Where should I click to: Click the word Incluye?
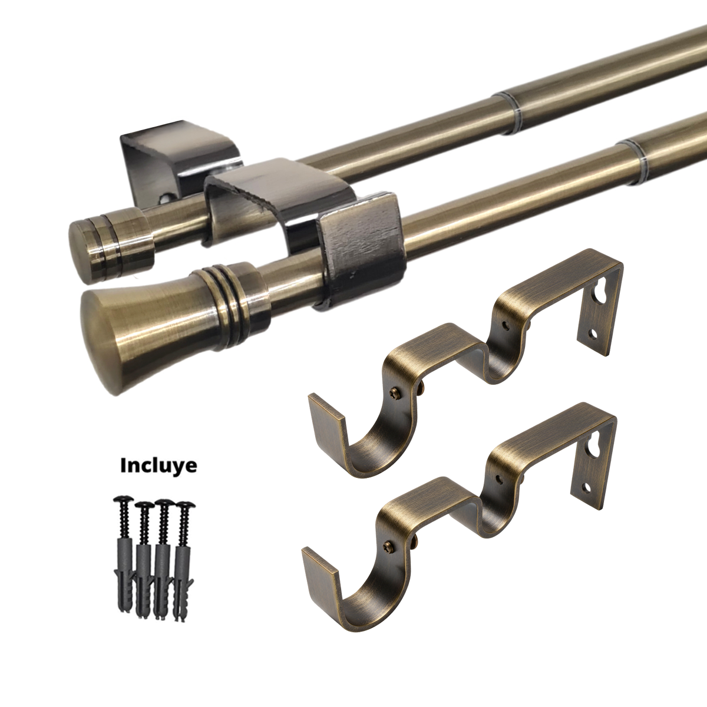[158, 465]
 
